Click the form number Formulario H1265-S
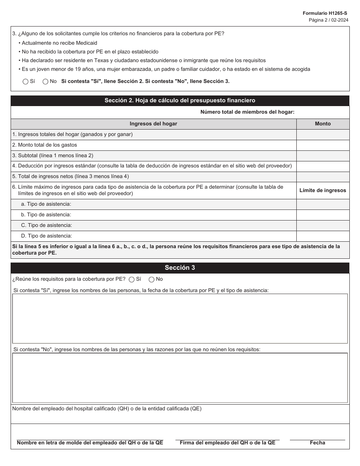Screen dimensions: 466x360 [x=325, y=13]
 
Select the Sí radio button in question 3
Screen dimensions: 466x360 [x=25, y=81]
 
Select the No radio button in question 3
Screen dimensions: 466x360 [x=45, y=81]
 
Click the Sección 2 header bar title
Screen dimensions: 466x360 [x=180, y=100]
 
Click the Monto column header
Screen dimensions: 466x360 [x=322, y=124]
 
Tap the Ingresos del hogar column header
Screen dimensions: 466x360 [x=153, y=124]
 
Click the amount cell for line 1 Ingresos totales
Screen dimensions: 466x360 [x=322, y=134]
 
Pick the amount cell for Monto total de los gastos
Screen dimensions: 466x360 [x=322, y=145]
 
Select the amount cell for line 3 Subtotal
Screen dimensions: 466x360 [x=322, y=156]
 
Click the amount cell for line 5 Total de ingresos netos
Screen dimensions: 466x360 [x=322, y=177]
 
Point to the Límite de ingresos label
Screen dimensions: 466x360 [x=322, y=191]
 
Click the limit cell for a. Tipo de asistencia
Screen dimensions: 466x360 [x=322, y=204]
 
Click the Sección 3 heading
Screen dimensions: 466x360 [x=180, y=268]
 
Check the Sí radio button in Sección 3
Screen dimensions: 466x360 [x=131, y=280]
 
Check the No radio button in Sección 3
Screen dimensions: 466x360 [x=152, y=280]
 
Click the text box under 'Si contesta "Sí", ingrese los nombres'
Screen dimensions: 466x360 [x=180, y=318]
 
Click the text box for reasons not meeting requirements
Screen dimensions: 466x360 [x=180, y=378]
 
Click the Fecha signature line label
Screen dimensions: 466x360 [x=317, y=443]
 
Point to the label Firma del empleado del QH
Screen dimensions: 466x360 [x=227, y=443]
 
